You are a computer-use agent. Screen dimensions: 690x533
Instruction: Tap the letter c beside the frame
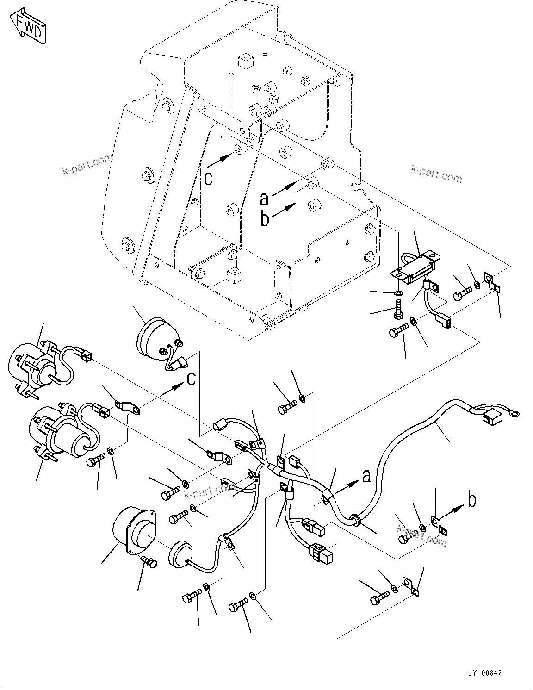(x=209, y=178)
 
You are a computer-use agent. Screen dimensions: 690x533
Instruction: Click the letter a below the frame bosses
(x=264, y=199)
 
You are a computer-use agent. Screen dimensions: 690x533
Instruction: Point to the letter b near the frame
(x=265, y=219)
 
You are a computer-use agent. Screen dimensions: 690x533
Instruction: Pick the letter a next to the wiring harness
(x=366, y=475)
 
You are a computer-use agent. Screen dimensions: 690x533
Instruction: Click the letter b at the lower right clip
(x=471, y=500)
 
